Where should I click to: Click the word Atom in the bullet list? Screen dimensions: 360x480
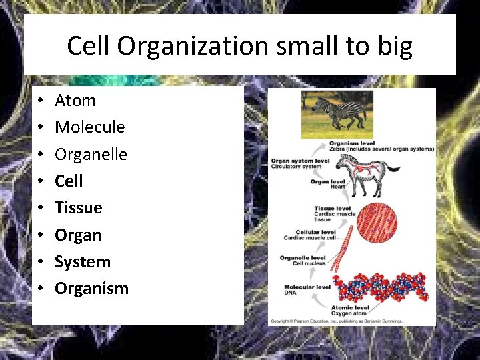coord(75,101)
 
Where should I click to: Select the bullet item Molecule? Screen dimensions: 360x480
coord(89,127)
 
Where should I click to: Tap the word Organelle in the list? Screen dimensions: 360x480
coord(91,154)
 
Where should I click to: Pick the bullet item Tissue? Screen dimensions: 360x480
coord(78,208)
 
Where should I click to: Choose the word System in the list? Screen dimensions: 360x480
coord(82,262)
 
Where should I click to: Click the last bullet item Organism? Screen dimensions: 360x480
coord(91,289)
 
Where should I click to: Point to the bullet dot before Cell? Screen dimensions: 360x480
coord(41,181)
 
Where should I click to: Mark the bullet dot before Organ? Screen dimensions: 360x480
coord(41,235)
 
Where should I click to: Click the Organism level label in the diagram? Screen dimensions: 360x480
coord(351,143)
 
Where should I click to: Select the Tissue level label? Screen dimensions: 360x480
coord(333,209)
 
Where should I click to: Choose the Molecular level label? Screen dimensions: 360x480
coord(306,287)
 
